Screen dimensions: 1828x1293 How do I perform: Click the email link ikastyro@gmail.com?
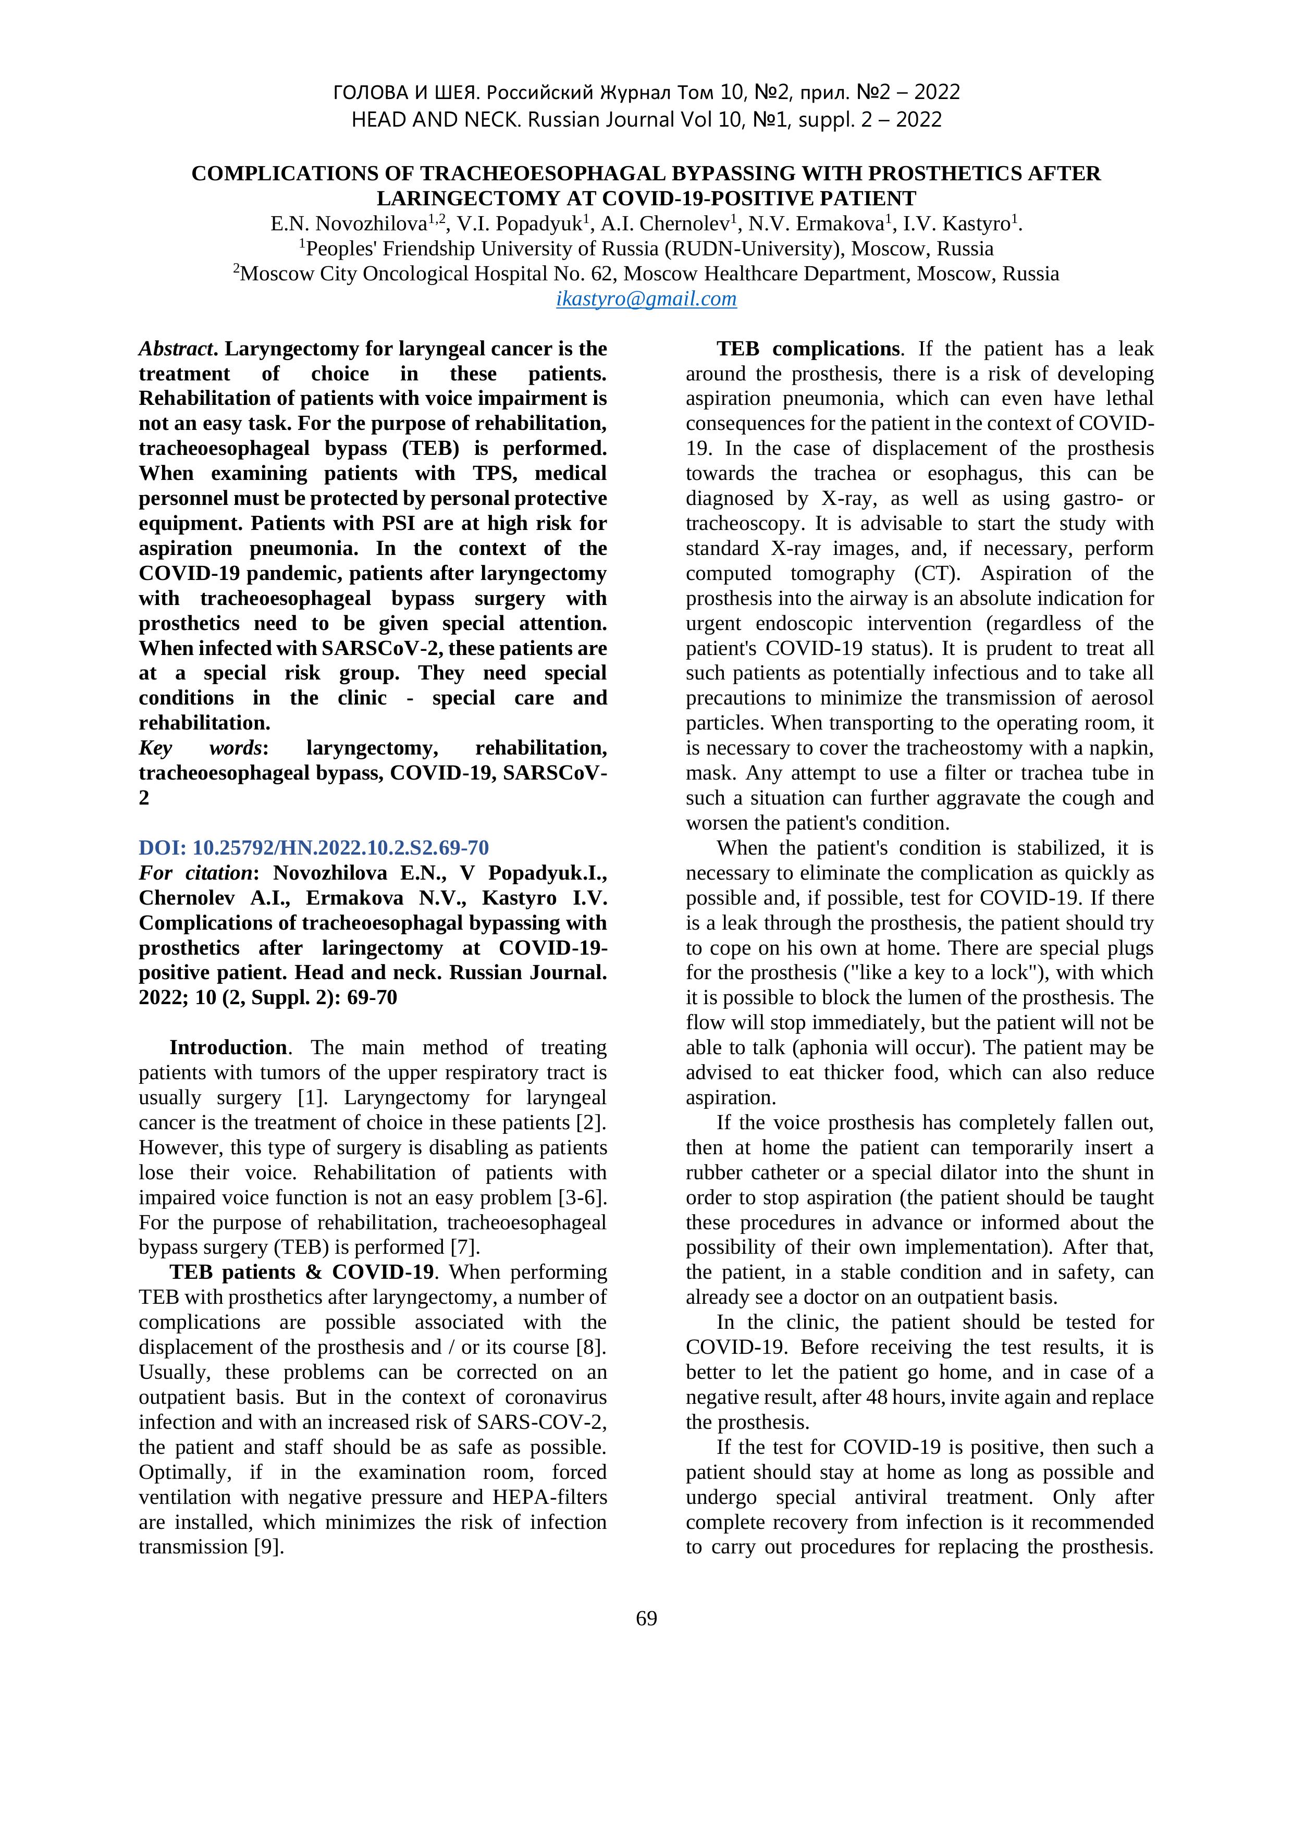pos(646,299)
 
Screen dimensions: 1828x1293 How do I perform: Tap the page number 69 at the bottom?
pos(646,1618)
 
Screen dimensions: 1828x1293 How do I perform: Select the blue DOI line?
pos(314,847)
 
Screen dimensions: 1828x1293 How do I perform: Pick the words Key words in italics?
pos(201,748)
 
